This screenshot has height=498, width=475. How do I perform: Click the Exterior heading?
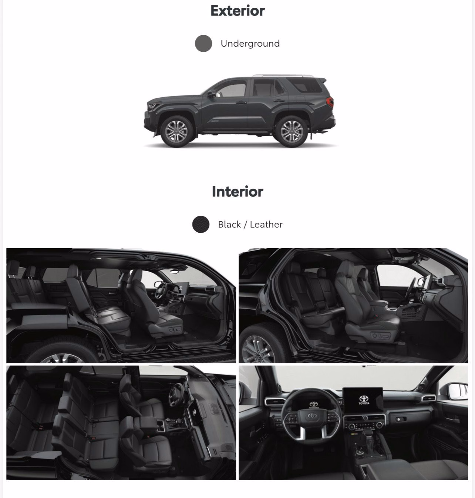point(237,11)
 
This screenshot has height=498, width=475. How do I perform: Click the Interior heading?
point(237,192)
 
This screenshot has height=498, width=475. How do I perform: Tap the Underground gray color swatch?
point(203,43)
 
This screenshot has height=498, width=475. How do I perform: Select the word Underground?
point(250,44)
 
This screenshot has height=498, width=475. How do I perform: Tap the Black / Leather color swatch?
point(201,224)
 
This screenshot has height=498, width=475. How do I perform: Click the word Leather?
point(266,225)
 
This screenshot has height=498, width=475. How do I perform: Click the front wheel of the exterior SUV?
point(176,131)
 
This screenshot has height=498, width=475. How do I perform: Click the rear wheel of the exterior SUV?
point(292,131)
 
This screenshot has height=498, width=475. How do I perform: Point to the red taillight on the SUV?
point(330,102)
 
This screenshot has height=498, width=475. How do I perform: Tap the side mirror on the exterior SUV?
point(212,94)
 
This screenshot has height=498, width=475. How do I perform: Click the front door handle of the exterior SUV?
point(241,102)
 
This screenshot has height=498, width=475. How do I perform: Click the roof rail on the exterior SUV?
point(283,76)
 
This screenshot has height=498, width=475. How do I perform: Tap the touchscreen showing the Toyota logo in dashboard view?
point(363,400)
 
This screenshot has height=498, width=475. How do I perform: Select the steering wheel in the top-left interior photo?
point(161,290)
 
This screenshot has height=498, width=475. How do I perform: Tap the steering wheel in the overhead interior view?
point(176,395)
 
